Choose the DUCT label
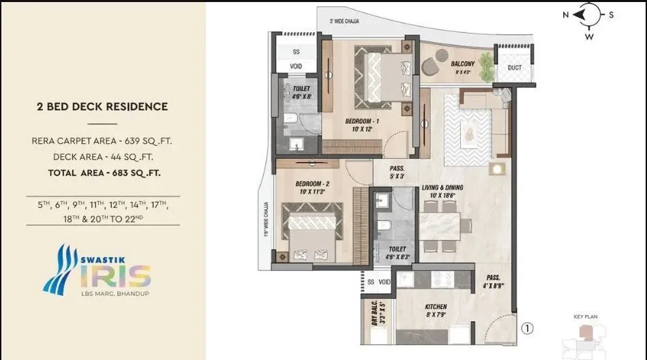[515, 67]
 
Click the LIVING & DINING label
[443, 191]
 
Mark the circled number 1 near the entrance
[527, 329]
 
